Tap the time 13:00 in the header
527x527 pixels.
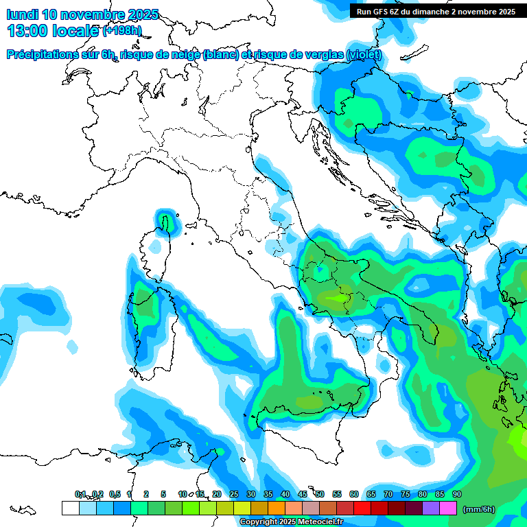(27, 30)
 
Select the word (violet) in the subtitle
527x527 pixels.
(364, 55)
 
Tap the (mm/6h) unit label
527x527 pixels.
(479, 509)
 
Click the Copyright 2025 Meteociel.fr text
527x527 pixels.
(291, 522)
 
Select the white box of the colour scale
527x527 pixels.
(70, 508)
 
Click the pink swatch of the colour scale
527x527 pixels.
(448, 508)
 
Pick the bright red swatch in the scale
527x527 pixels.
(362, 508)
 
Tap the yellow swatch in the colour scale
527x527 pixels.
(242, 508)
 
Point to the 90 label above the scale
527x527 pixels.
(457, 494)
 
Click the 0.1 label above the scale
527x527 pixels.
(80, 494)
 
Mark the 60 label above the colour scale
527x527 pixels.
(354, 494)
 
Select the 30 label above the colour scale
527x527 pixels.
(251, 494)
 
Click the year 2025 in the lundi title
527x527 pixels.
(143, 14)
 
